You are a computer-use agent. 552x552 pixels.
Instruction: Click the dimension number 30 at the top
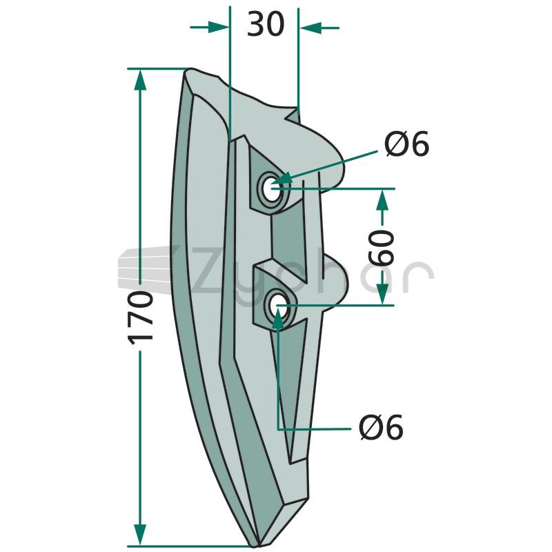[266, 24]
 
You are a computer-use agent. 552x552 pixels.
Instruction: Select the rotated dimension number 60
[382, 248]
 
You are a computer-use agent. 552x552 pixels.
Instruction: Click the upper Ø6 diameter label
[407, 144]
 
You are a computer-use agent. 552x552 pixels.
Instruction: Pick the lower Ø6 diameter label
[382, 427]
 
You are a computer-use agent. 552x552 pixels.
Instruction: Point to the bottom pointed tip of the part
[255, 546]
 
